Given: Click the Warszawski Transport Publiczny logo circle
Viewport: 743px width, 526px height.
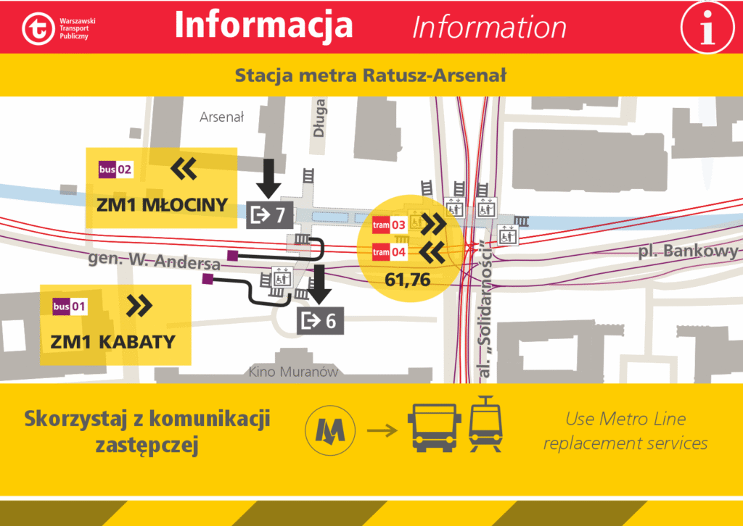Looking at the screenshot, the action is [38, 28].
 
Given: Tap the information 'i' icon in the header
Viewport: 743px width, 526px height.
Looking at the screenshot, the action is [705, 27].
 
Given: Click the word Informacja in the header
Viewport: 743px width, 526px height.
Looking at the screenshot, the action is [264, 25].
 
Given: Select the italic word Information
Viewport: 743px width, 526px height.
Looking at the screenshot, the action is [489, 28].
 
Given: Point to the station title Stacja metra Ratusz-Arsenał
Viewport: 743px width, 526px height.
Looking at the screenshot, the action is [371, 75].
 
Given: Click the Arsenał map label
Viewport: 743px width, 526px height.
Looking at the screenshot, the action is [221, 117].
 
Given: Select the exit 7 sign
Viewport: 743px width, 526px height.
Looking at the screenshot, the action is [270, 214].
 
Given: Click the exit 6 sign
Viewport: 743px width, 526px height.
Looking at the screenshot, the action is [320, 320].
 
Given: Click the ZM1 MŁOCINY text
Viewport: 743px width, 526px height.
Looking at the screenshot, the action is [162, 205].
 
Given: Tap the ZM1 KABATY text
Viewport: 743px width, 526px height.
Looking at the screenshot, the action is [113, 341].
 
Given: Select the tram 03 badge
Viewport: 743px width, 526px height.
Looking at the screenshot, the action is [390, 225].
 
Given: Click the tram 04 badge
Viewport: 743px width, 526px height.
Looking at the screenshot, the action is [390, 253].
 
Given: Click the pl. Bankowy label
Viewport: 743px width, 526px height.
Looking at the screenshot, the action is [688, 251].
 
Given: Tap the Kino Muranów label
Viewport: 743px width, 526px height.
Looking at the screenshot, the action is [293, 372].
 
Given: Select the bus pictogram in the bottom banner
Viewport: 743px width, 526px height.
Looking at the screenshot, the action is [433, 427].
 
